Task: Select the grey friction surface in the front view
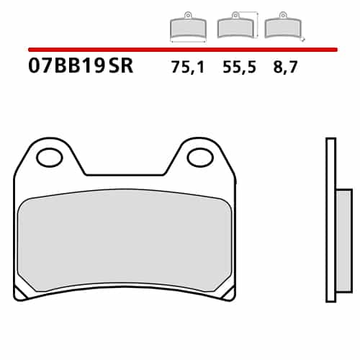125,241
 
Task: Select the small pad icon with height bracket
235,27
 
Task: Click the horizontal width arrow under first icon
187,42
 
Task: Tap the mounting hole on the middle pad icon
235,14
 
